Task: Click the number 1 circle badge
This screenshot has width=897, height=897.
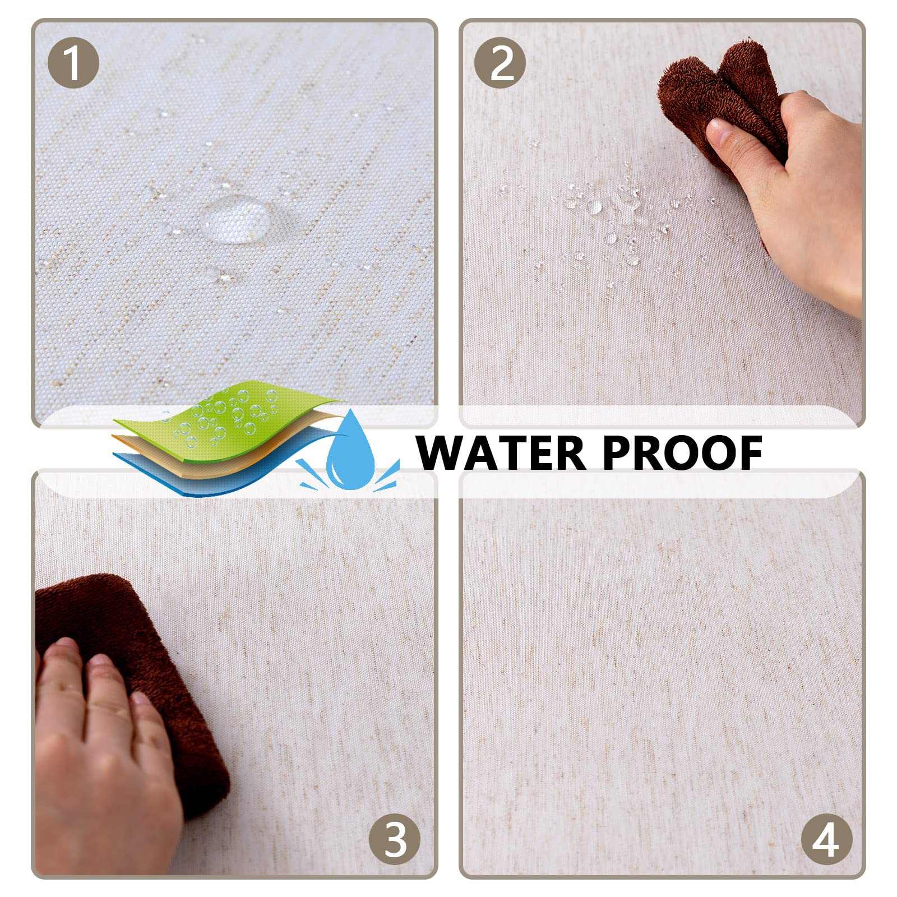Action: (73, 63)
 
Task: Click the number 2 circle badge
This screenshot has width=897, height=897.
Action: (500, 63)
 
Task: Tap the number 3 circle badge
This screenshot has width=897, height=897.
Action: (395, 839)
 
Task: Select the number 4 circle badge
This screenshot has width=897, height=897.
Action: (826, 839)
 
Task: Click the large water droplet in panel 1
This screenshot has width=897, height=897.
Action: (234, 219)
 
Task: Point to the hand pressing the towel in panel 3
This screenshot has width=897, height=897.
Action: (101, 746)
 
